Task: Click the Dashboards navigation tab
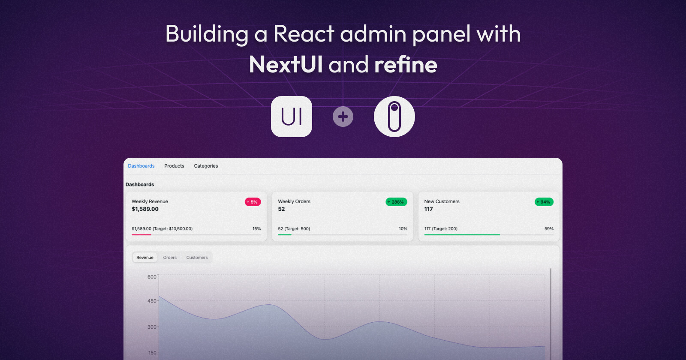[141, 166]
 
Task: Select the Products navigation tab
[174, 166]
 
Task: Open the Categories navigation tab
[206, 166]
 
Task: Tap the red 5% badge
[253, 202]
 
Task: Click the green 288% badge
[396, 202]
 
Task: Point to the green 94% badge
[544, 202]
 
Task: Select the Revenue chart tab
[145, 258]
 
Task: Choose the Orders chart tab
[170, 258]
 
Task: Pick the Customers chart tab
[197, 258]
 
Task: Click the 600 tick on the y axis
[152, 277]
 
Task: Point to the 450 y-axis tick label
[152, 301]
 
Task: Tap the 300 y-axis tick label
[152, 327]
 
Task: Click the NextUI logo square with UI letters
[292, 117]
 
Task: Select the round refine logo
[394, 117]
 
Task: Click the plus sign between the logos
[343, 117]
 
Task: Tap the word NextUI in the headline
[286, 65]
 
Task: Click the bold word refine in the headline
[406, 65]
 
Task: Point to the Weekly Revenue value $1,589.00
[145, 209]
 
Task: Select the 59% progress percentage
[549, 229]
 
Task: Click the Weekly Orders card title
[294, 201]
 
